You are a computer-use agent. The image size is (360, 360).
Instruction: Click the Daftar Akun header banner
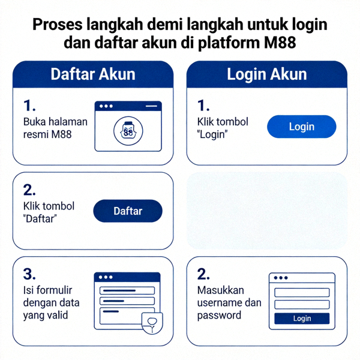[93, 75]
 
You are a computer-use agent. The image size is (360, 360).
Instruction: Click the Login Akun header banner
[267, 75]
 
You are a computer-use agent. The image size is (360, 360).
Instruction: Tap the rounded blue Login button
[301, 127]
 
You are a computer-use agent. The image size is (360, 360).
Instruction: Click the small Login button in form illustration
[302, 319]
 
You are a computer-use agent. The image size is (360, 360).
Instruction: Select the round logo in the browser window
[128, 132]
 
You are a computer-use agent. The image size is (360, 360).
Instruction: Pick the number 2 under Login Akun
[204, 275]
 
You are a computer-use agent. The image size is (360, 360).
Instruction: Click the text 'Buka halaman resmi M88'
[55, 128]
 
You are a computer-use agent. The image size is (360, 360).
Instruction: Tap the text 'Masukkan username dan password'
[229, 302]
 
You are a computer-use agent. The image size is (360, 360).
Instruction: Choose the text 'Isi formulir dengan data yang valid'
[52, 303]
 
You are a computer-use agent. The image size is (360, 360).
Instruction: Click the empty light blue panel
[267, 211]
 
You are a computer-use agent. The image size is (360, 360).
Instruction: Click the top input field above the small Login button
[302, 292]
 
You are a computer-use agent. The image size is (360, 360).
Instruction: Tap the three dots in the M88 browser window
[107, 106]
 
